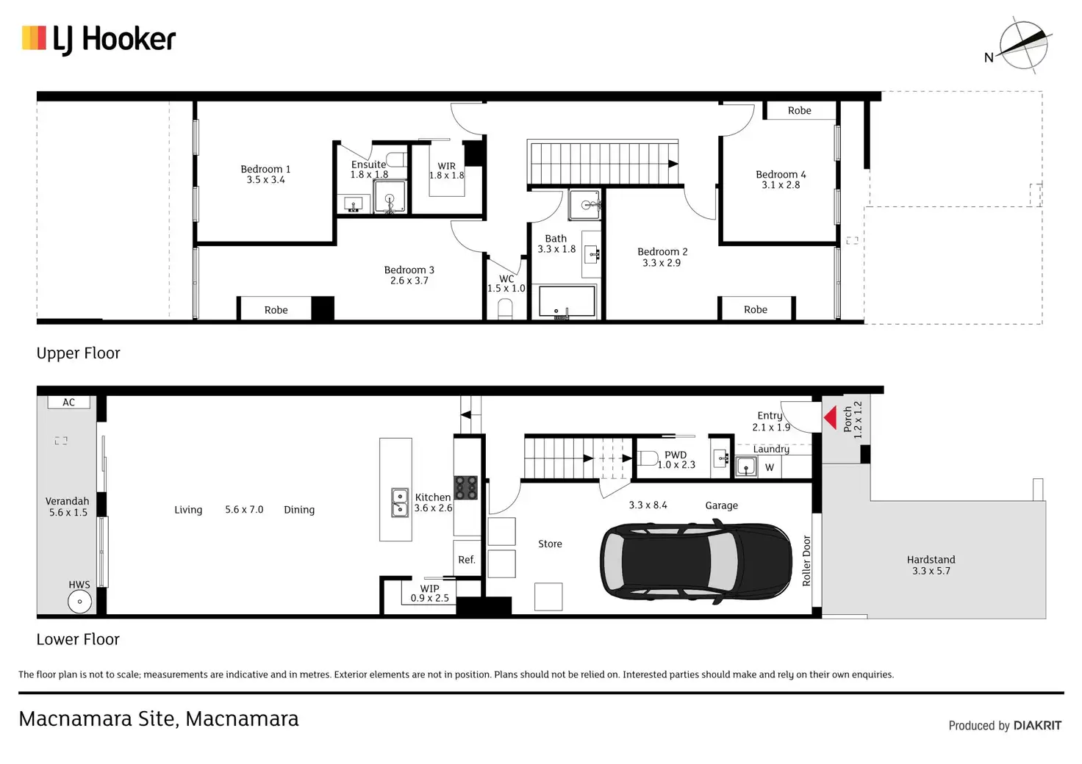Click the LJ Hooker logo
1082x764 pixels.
coord(98,40)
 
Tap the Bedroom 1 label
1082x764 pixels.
coord(265,174)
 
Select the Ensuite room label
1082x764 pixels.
coord(368,170)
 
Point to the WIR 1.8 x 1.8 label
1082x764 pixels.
coord(447,171)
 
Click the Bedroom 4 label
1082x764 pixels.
coord(781,179)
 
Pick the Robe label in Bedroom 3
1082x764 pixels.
coord(276,310)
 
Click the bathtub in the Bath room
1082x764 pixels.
coord(567,303)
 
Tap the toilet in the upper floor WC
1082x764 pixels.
coord(505,309)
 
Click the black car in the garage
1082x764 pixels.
coord(695,561)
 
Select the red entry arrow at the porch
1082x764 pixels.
coord(831,417)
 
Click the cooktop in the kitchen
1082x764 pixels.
coord(465,488)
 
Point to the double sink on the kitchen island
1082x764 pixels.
coord(399,502)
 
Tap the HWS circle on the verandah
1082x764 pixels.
coord(79,602)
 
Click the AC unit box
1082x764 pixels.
coord(68,403)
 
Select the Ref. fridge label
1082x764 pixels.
coord(467,560)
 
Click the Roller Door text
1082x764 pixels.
coord(806,561)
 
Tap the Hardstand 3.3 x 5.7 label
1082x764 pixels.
coord(931,565)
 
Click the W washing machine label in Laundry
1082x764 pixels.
coord(770,467)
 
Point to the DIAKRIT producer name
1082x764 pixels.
coord(1037,725)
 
